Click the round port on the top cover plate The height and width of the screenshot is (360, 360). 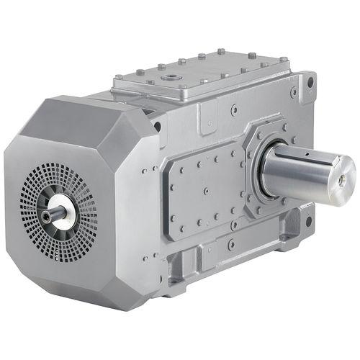pos(172,74)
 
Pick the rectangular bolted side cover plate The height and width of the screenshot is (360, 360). pos(205,191)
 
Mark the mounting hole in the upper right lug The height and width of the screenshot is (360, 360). pos(310,82)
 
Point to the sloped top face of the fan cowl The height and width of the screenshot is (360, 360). pos(79,119)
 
